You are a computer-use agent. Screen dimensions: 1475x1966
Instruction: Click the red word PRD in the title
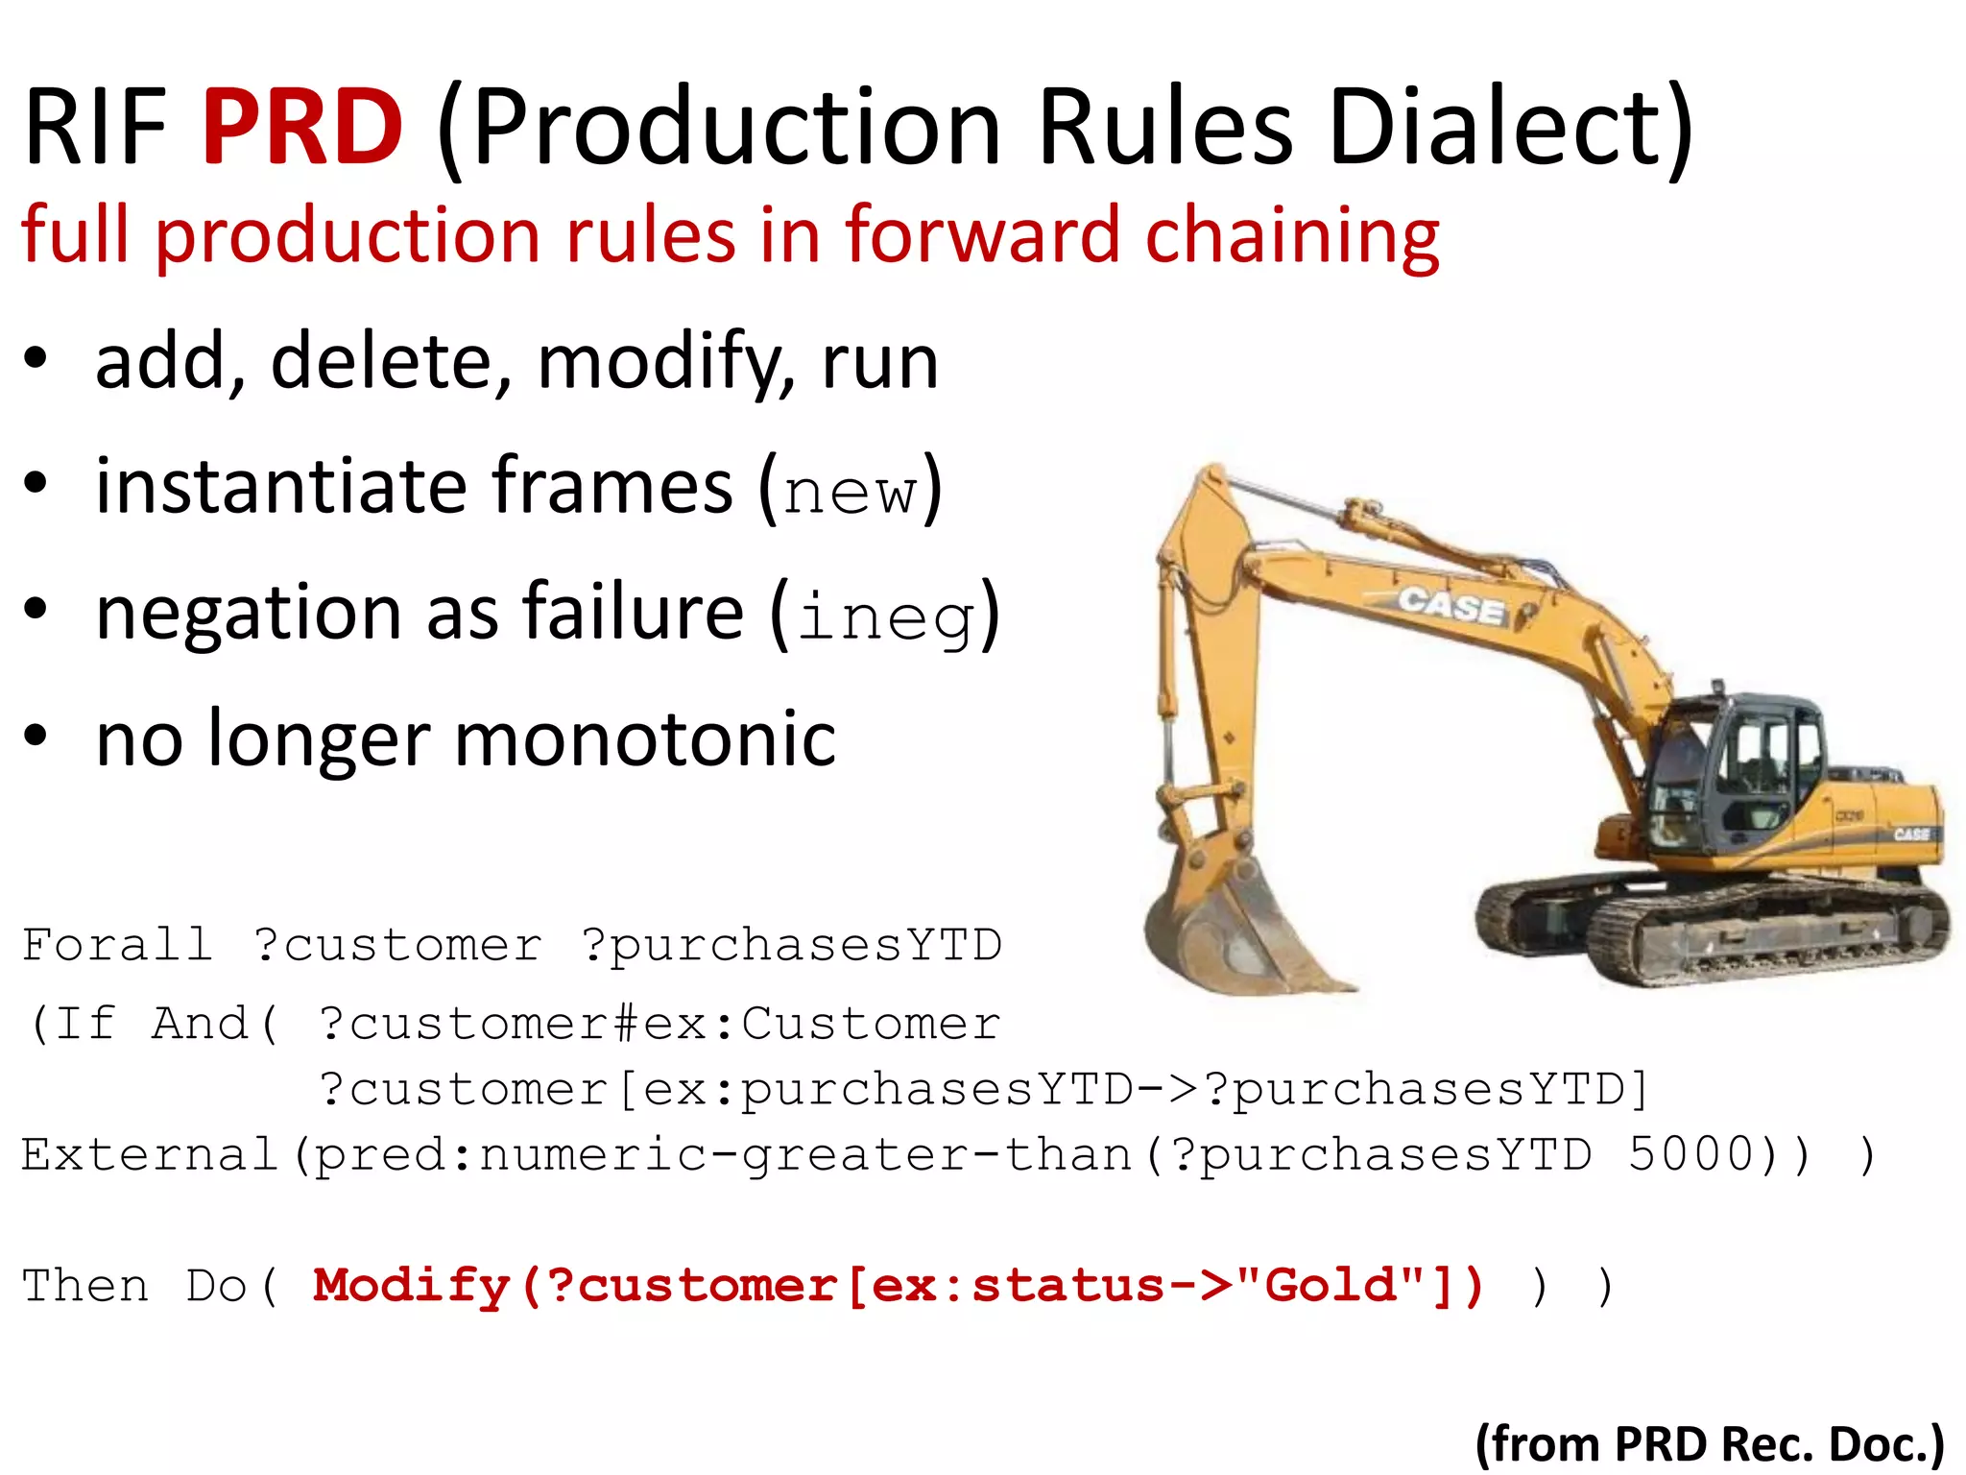point(302,127)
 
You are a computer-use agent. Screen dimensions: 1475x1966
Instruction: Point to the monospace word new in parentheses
point(850,492)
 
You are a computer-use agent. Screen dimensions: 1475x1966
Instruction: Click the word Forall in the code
point(117,945)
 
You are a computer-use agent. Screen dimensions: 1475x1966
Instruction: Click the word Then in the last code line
point(85,1285)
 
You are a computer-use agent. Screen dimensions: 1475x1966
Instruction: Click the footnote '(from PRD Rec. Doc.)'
point(1709,1442)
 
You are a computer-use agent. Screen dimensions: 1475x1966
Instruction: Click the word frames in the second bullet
point(612,487)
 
